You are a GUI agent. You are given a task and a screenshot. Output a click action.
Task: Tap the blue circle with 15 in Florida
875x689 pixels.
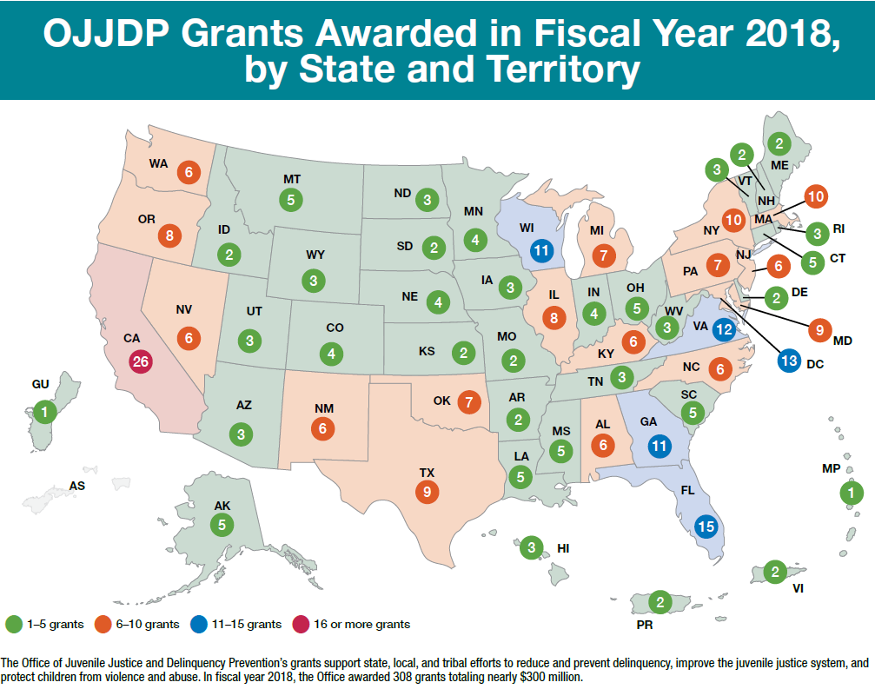click(x=706, y=525)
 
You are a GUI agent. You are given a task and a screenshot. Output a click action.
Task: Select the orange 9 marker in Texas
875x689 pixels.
click(x=427, y=492)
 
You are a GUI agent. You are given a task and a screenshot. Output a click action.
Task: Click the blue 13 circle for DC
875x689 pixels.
click(x=789, y=361)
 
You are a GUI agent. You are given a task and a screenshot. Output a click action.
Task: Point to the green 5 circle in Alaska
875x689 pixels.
click(x=222, y=524)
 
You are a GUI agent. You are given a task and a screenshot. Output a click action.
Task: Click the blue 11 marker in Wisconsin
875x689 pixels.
click(x=543, y=250)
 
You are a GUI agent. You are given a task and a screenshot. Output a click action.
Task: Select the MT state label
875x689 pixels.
click(x=292, y=179)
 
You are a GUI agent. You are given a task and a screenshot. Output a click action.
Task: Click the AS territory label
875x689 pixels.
click(x=77, y=487)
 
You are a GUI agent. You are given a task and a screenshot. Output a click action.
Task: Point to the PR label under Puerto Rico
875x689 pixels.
click(x=642, y=624)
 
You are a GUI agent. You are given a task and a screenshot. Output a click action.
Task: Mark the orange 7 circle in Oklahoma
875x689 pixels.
click(x=468, y=401)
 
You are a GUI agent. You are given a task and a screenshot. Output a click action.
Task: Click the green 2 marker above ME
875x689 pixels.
click(x=779, y=143)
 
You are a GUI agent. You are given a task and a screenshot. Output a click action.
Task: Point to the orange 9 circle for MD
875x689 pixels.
click(x=817, y=330)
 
